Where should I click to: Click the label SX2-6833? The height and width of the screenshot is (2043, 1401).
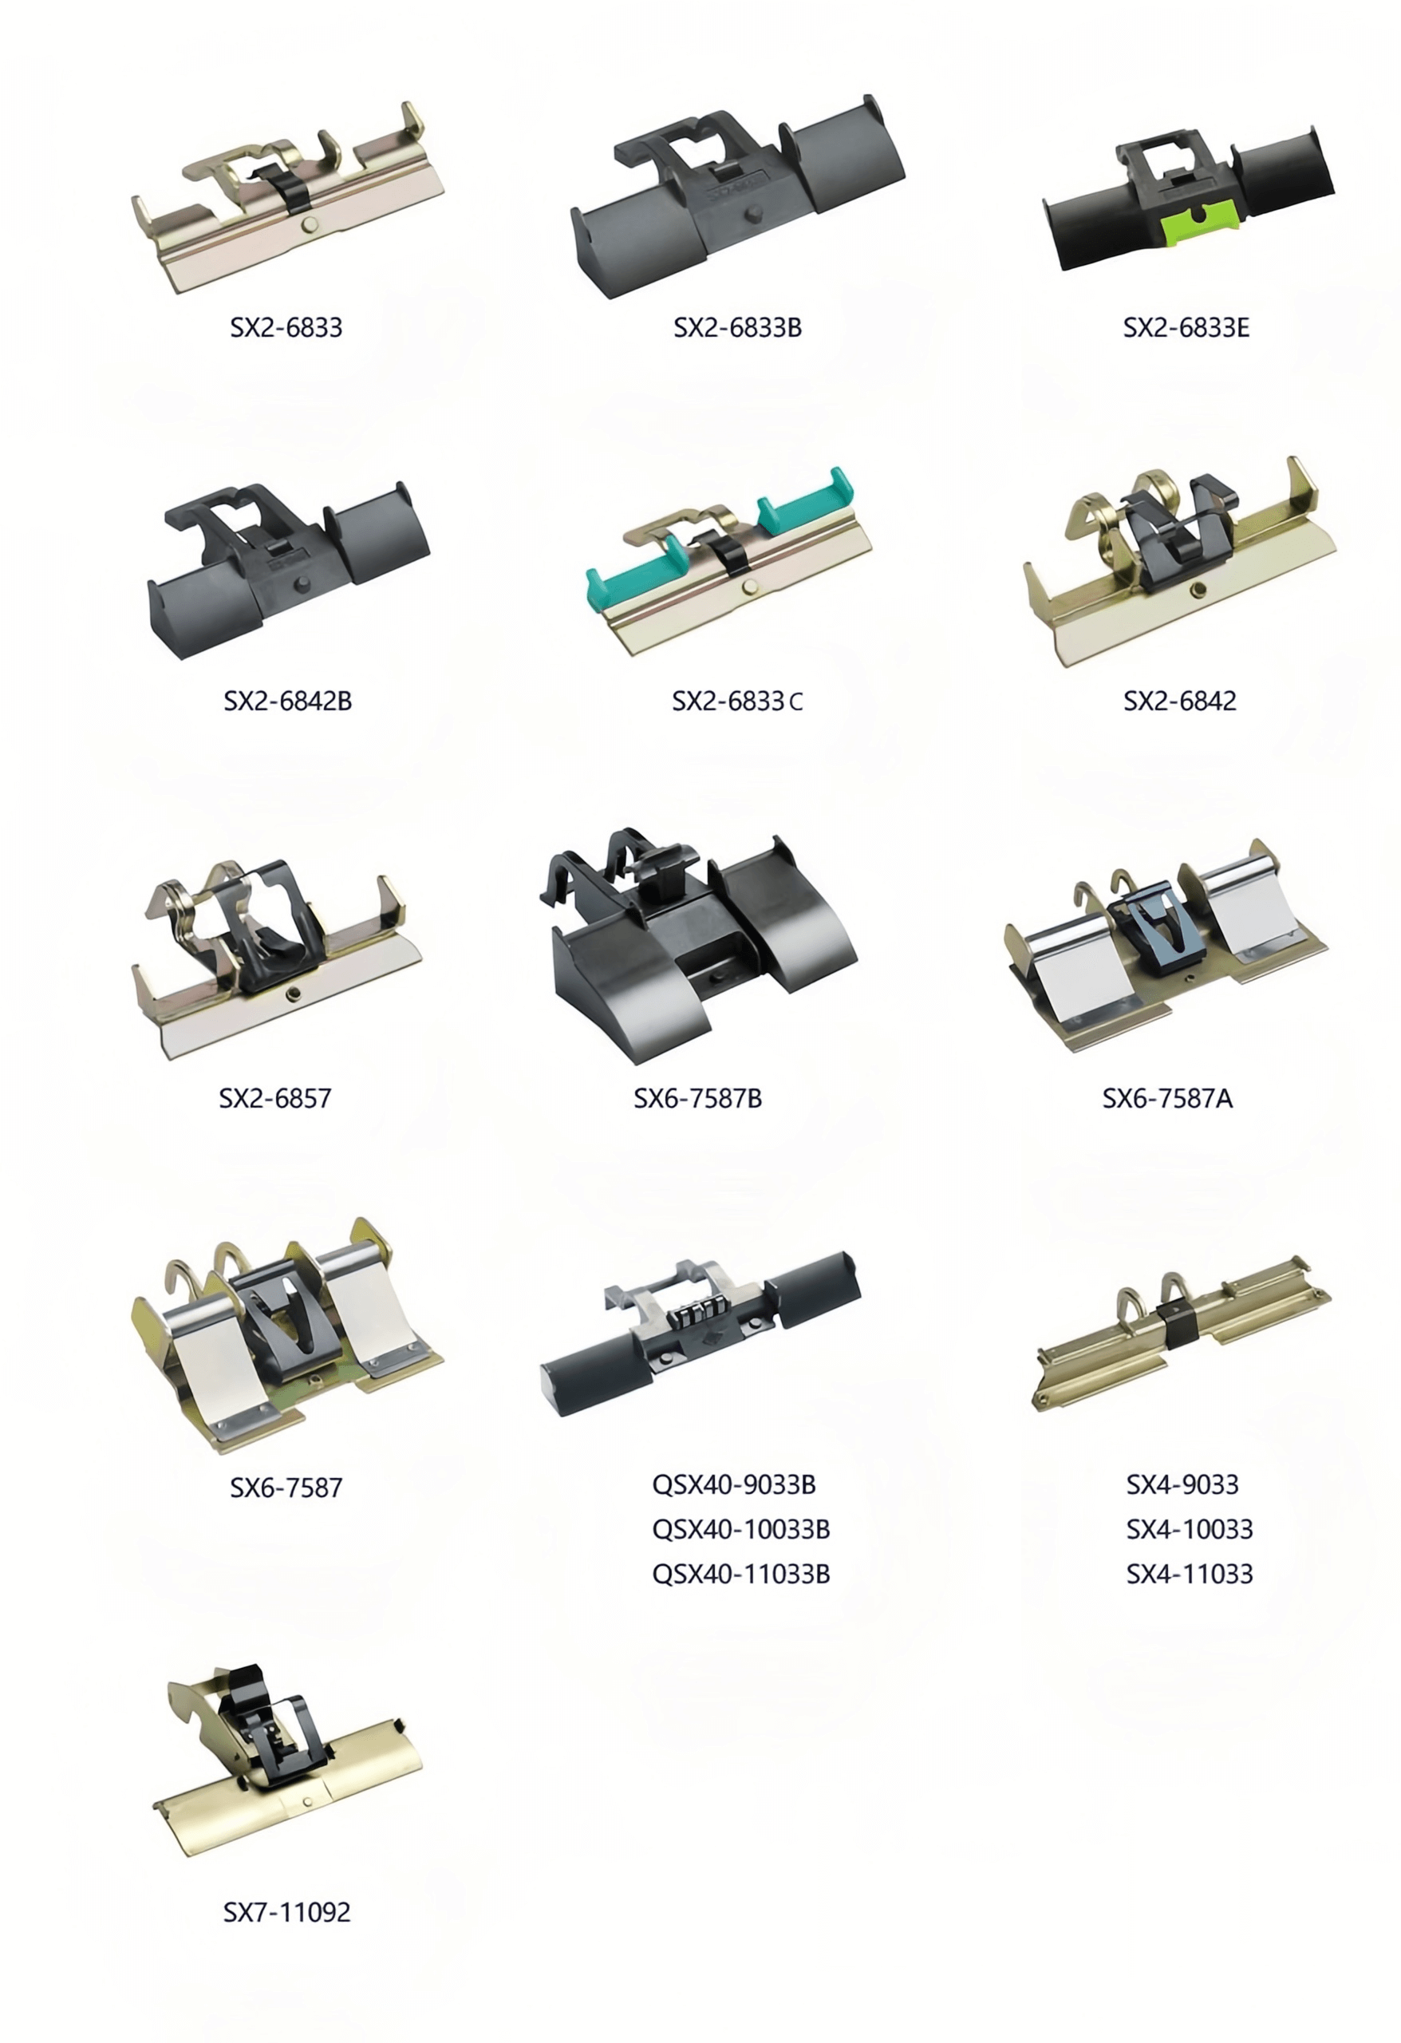pyautogui.click(x=286, y=328)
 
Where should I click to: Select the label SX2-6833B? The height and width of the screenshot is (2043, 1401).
pyautogui.click(x=737, y=328)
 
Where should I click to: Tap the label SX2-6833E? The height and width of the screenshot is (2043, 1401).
pyautogui.click(x=1186, y=328)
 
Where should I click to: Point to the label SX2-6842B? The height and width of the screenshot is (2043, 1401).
pyautogui.click(x=287, y=701)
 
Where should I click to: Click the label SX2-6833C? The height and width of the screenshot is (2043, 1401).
pyautogui.click(x=737, y=701)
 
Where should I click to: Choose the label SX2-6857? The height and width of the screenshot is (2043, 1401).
pyautogui.click(x=275, y=1098)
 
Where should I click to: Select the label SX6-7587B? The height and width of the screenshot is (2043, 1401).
pyautogui.click(x=698, y=1098)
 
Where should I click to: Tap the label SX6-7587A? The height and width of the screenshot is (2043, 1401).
pyautogui.click(x=1167, y=1098)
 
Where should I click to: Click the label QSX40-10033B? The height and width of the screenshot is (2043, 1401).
pyautogui.click(x=741, y=1530)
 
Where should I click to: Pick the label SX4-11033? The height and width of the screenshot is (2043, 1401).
pyautogui.click(x=1190, y=1574)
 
